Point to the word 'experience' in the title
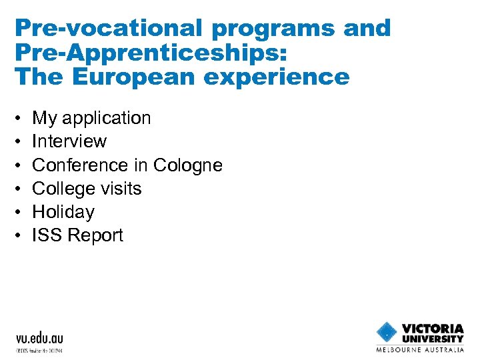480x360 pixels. pos(291,77)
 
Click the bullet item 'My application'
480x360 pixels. pos(91,118)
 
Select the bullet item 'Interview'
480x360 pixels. pos(69,141)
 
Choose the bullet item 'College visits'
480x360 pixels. pos(87,189)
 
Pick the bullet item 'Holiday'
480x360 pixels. pos(63,212)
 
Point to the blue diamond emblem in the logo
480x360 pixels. pos(387,332)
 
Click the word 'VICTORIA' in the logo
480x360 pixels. pos(433,328)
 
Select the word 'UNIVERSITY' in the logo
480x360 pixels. pos(433,338)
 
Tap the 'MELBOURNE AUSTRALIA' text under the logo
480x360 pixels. pos(420,349)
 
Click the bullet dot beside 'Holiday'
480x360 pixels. pos(19,213)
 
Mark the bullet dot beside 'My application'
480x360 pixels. pos(19,119)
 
